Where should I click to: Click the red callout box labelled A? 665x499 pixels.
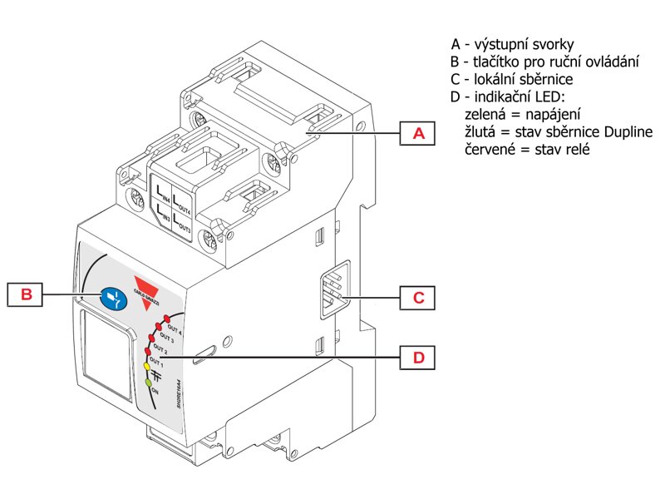[x=418, y=133]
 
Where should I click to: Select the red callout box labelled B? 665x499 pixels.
[x=26, y=294]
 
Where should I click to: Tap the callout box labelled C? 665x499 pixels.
[x=418, y=297]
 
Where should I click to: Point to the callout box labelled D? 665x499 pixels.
[x=418, y=357]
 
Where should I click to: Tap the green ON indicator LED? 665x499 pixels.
[x=149, y=382]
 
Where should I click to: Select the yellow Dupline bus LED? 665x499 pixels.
[x=147, y=366]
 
